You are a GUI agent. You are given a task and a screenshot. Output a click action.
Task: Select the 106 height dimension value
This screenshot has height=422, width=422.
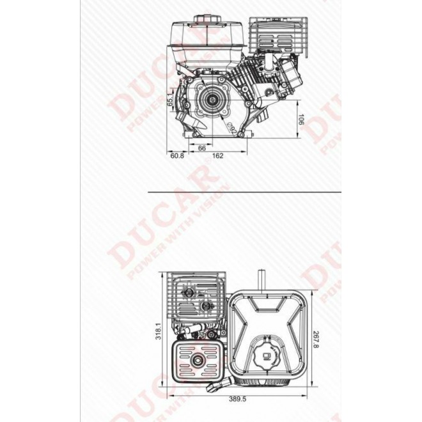(x=301, y=120)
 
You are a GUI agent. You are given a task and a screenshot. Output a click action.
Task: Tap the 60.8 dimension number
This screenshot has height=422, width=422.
(x=177, y=155)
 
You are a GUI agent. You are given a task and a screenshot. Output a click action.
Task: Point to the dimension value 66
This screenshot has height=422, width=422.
(x=202, y=147)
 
